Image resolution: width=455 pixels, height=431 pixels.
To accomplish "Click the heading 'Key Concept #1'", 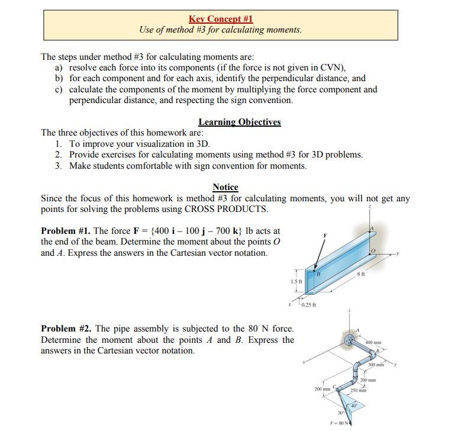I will point(221,19).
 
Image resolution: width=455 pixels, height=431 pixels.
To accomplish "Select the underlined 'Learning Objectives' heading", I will point(239,122).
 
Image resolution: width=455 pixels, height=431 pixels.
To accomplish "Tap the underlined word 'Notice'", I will point(225,187).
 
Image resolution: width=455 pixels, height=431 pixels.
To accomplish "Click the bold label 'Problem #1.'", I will point(66,231).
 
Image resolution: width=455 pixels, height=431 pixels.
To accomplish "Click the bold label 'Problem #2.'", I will point(66,329).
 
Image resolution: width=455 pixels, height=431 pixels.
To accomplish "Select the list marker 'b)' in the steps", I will point(59,78).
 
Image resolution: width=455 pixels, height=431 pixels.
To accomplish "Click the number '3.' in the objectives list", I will point(59,166).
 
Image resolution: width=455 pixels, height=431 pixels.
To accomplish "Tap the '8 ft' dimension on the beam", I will point(362,275).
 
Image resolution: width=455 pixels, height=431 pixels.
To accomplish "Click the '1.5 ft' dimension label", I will point(296,281).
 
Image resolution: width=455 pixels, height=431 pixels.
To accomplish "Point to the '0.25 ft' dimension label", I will point(308,305).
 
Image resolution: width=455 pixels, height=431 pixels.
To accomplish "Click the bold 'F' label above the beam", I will point(324,235).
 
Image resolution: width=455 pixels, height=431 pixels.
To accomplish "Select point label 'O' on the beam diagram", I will point(373,251).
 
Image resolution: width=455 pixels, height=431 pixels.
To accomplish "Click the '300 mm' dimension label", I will point(375,365).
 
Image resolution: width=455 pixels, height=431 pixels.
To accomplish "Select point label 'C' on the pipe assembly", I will point(335,386).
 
